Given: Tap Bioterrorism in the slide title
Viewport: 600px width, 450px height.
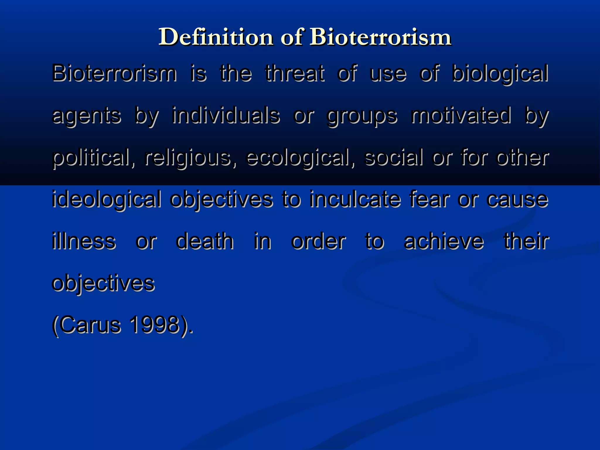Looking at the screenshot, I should (x=381, y=37).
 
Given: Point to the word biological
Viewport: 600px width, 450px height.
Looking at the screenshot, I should (x=500, y=74).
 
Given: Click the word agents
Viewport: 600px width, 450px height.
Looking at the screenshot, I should (x=86, y=116).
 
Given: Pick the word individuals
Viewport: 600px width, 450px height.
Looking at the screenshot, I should (x=226, y=115).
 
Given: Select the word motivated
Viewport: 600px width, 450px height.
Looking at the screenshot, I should (x=461, y=115).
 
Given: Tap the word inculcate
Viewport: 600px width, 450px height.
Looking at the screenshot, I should (x=355, y=199).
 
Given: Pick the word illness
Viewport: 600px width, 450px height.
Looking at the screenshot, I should (x=84, y=241).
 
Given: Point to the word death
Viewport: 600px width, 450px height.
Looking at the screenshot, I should (x=205, y=241).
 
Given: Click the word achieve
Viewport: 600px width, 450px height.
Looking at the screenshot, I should (x=444, y=241).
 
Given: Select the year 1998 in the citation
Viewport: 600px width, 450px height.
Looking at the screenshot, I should (x=154, y=325).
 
